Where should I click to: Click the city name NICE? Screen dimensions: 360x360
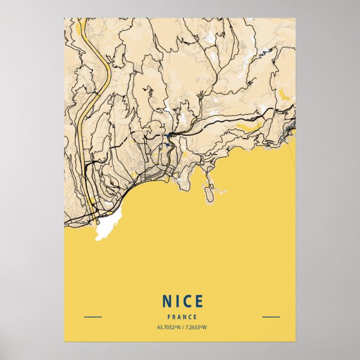tap(182, 301)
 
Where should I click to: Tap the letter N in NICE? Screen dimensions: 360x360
tap(167, 301)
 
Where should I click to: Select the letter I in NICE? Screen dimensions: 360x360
tap(177, 301)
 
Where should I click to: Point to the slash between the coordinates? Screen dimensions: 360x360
tap(183, 327)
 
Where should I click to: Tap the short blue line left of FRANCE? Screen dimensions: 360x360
tap(93, 317)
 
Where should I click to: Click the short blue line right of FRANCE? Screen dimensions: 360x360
tap(271, 317)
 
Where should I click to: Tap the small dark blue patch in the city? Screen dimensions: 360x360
tap(167, 146)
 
